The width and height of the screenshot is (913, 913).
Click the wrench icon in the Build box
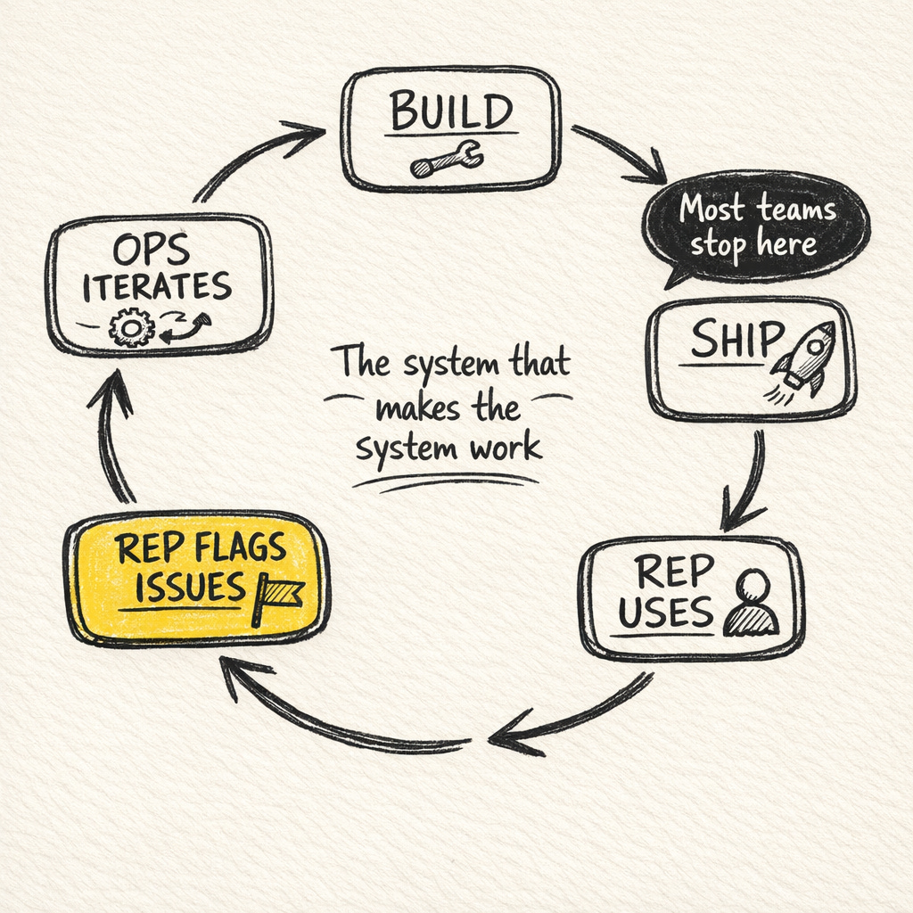click(447, 160)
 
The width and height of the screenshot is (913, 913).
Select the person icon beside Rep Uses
click(752, 604)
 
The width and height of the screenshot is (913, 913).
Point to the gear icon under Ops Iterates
click(131, 327)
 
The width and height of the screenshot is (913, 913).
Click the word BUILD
click(452, 113)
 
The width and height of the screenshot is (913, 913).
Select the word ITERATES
click(157, 287)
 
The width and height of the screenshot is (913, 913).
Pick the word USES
click(665, 613)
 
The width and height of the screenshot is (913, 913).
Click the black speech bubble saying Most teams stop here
click(756, 227)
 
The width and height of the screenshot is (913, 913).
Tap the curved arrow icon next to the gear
click(185, 328)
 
